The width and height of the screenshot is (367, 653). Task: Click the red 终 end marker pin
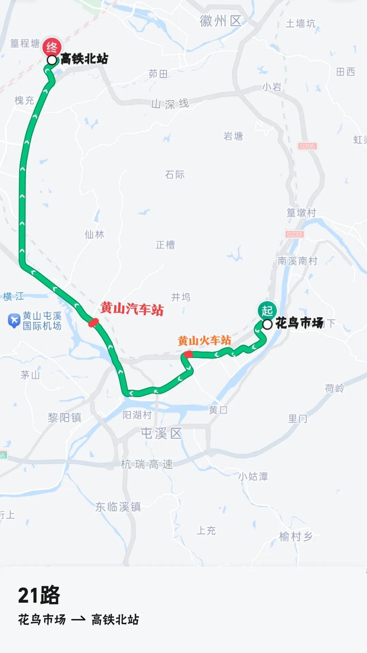tap(52, 47)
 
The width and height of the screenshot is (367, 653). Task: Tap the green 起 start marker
tap(267, 310)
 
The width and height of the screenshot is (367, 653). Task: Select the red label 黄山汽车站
tap(132, 309)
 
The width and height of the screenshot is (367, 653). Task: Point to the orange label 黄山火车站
tap(204, 340)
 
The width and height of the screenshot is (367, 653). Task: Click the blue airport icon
tap(14, 321)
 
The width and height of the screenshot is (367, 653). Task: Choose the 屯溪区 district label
tap(161, 433)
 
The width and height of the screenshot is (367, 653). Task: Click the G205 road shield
tap(307, 146)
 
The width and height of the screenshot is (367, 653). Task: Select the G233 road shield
tap(294, 234)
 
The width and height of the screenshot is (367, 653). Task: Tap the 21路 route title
tap(39, 596)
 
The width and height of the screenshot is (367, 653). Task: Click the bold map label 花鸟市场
tap(299, 323)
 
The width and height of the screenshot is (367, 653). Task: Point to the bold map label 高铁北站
tap(84, 59)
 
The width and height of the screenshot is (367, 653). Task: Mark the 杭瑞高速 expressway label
tap(147, 464)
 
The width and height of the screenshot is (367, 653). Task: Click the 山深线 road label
tap(170, 103)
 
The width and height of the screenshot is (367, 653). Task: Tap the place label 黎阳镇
tap(65, 417)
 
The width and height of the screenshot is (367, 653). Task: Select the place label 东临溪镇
tap(118, 507)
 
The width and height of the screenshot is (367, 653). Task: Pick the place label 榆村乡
tap(296, 536)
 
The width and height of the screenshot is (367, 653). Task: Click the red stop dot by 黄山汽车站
tap(93, 322)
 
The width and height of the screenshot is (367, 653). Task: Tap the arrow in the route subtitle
tap(78, 620)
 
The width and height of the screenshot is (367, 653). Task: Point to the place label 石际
tap(175, 175)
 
